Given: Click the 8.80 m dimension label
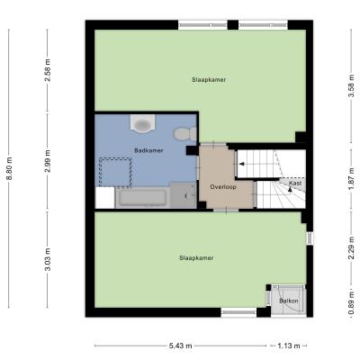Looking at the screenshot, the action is click(9, 168).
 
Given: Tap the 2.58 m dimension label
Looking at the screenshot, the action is click(48, 70).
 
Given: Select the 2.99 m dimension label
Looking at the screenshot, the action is click(48, 161).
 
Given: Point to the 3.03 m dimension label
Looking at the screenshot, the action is click(48, 259).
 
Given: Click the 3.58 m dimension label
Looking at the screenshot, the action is click(354, 85).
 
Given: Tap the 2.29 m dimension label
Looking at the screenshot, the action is click(354, 247).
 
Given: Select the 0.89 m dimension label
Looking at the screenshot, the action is click(354, 303).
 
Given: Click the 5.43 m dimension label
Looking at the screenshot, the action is click(180, 346).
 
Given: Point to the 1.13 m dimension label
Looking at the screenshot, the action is click(289, 346).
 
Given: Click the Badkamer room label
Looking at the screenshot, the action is click(148, 150).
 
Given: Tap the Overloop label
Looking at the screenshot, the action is click(223, 186).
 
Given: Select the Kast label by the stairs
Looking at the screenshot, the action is click(295, 183).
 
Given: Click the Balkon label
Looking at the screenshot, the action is click(289, 301).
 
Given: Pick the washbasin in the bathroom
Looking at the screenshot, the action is click(143, 123).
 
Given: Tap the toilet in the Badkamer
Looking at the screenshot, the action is click(185, 134).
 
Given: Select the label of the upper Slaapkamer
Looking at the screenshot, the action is click(209, 80).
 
